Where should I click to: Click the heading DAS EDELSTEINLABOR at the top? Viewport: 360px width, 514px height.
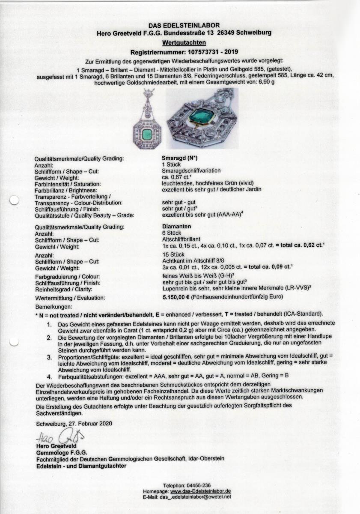pos(184,26)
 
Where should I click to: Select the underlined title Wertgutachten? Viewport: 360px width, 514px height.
pos(184,42)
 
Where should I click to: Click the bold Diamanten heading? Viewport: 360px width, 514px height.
pos(176,227)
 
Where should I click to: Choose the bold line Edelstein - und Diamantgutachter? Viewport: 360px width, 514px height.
pos(81,466)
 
